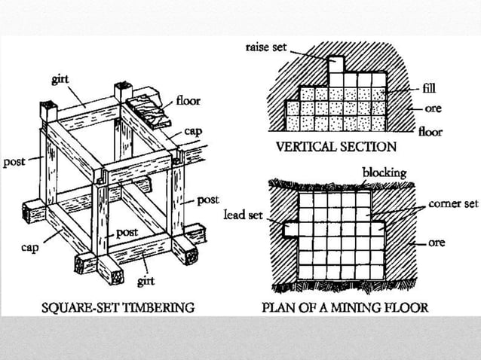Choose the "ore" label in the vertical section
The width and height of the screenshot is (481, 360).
(x=433, y=108)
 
